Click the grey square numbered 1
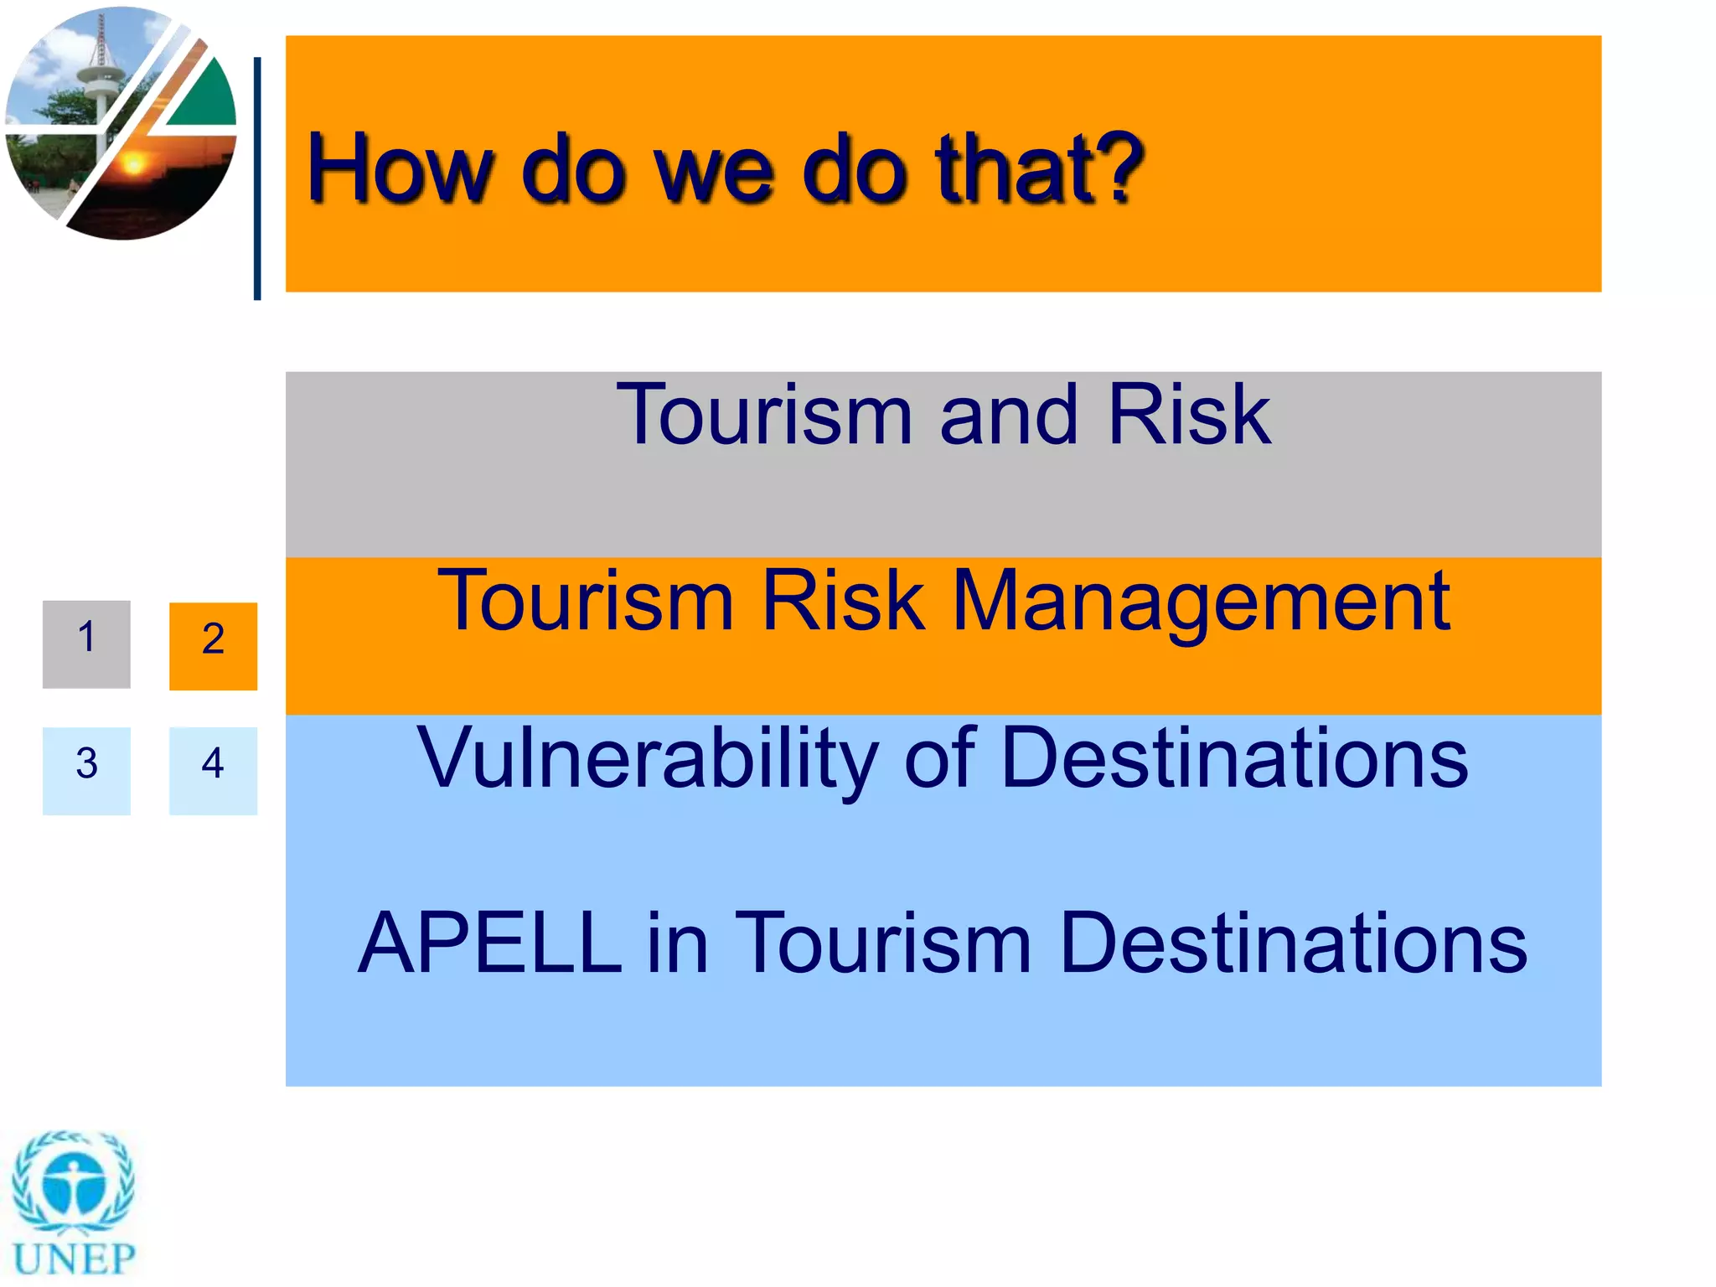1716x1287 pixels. [86, 643]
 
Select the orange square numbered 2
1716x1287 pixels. [213, 646]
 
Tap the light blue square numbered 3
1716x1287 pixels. [86, 770]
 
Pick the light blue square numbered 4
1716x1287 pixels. [213, 770]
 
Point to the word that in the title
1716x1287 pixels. [1014, 168]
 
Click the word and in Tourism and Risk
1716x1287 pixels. [1009, 416]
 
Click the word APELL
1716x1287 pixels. [489, 943]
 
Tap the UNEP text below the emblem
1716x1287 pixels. [74, 1259]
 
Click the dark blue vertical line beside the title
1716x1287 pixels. [257, 178]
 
